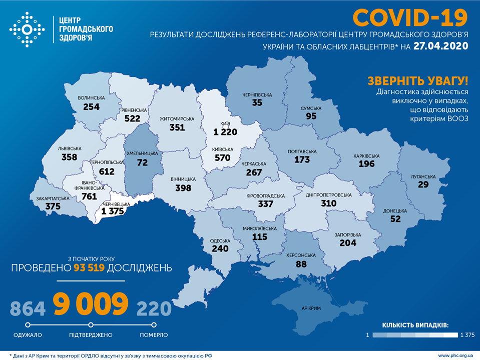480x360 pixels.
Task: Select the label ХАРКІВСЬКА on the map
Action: pyautogui.click(x=366, y=156)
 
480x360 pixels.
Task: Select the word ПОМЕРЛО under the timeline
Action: pyautogui.click(x=154, y=334)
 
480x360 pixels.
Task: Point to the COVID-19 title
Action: pyautogui.click(x=410, y=17)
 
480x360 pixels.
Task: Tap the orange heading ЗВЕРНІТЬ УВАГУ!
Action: pyautogui.click(x=418, y=80)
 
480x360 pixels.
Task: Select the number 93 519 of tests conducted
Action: pyautogui.click(x=92, y=267)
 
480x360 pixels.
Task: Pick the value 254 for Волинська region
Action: pyautogui.click(x=92, y=106)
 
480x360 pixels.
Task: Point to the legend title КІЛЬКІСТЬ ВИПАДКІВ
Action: pyautogui.click(x=415, y=325)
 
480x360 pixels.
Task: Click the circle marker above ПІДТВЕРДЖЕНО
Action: pyautogui.click(x=91, y=324)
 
